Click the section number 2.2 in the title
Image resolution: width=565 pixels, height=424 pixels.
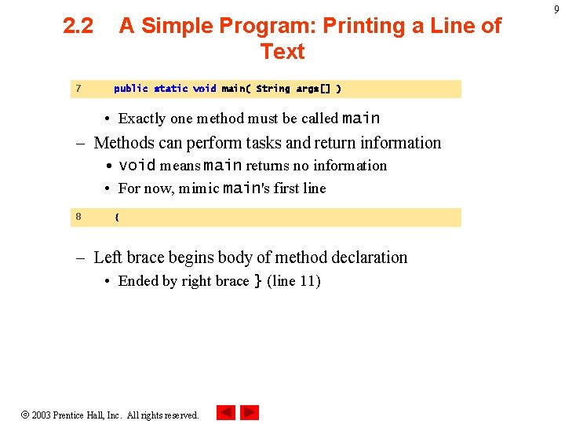[78, 26]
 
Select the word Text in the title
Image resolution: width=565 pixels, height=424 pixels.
[282, 52]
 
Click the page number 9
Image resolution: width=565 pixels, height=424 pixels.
[556, 9]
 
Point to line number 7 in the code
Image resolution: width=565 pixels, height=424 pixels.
[78, 89]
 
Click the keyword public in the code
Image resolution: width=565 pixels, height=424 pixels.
[130, 89]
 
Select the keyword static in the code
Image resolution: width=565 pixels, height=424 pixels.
[171, 89]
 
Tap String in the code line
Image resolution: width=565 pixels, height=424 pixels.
[273, 89]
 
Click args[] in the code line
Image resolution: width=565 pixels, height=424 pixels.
[312, 89]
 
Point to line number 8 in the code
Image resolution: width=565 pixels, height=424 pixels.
[78, 216]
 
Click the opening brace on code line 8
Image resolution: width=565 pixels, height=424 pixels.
[117, 217]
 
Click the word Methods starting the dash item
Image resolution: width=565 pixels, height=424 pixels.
[123, 143]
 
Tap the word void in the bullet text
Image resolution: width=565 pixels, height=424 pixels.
[137, 166]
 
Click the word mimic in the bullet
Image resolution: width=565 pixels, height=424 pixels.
[200, 188]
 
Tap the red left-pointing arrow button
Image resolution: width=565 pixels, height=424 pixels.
[226, 412]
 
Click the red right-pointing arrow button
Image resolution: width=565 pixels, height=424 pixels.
[250, 412]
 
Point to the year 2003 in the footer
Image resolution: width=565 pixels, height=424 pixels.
[41, 415]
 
